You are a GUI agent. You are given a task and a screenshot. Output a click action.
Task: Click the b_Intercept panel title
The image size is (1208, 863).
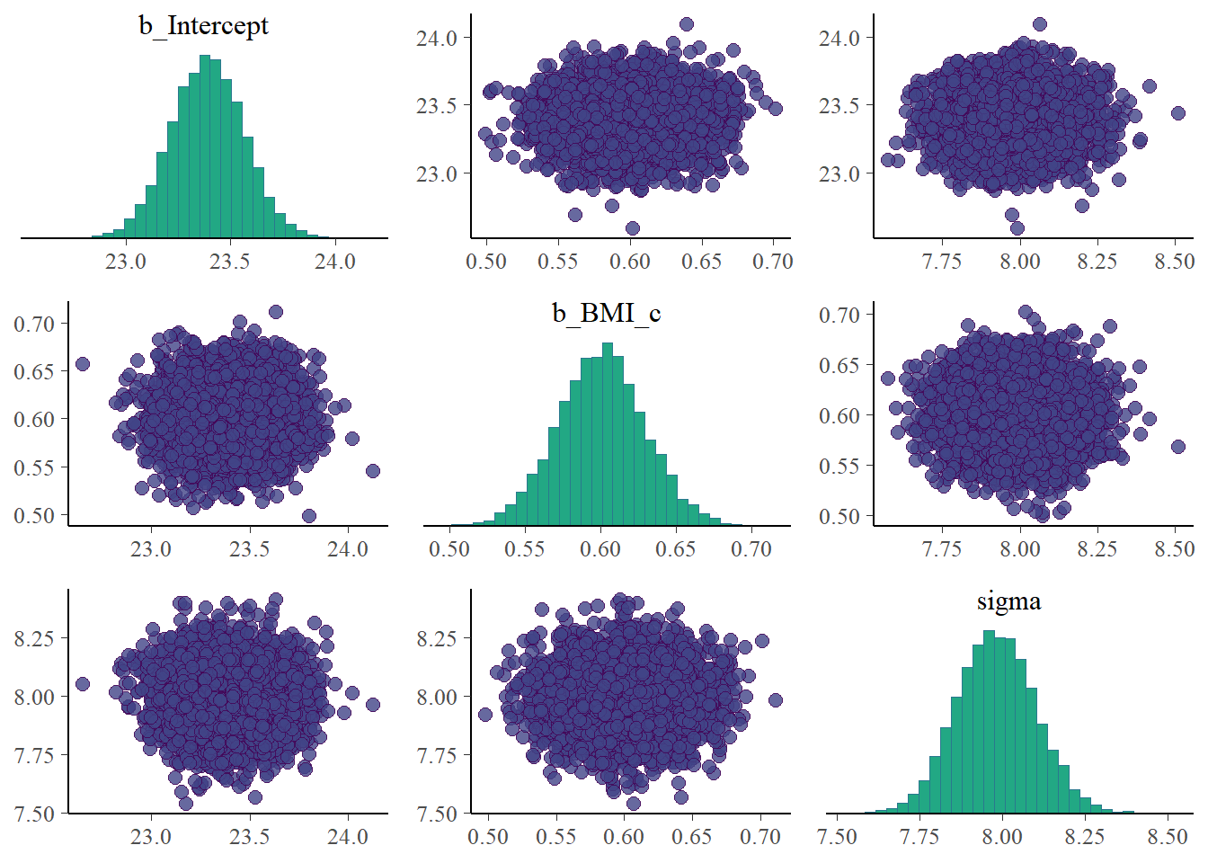coord(203,25)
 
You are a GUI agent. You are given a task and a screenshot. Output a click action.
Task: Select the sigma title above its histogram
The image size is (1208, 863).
coord(1008,601)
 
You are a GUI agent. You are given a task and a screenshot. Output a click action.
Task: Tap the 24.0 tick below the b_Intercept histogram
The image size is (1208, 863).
coord(334,262)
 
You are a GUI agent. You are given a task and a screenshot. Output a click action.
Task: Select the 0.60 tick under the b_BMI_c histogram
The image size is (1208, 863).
coord(600,549)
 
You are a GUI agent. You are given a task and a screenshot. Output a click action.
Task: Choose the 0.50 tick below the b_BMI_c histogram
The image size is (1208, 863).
coord(449,549)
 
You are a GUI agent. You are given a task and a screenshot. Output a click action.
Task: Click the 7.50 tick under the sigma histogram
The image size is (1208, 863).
coord(837,837)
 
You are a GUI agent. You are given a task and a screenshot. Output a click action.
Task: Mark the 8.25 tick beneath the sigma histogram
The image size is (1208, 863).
coord(1085,837)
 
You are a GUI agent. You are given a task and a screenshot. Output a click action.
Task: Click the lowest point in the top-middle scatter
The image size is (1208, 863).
coord(632,228)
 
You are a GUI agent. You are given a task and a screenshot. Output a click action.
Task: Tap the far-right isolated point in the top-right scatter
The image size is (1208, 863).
coord(1177,113)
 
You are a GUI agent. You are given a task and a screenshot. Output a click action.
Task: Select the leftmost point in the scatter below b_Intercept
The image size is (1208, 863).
coord(83,364)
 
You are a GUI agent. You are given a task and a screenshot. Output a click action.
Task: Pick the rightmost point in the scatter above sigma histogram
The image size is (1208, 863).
coord(1177,447)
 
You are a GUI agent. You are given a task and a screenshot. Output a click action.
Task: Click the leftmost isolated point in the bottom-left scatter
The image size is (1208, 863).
coord(83,684)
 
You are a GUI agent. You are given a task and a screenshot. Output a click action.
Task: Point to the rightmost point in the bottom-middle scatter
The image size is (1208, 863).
coord(775,700)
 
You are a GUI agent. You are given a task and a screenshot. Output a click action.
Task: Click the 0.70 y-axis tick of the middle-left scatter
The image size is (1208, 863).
coord(34,324)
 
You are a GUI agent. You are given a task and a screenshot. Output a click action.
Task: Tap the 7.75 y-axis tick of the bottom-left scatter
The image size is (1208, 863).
coord(34,755)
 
